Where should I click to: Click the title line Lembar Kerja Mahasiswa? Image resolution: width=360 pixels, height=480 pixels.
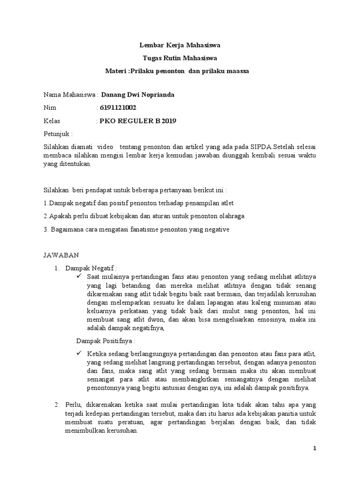[x=180, y=45]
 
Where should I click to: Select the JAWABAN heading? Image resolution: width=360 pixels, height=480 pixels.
[x=61, y=255]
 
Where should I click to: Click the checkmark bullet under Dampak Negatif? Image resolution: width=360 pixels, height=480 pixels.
[x=79, y=277]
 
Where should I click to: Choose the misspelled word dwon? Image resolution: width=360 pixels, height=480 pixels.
[x=143, y=319]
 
